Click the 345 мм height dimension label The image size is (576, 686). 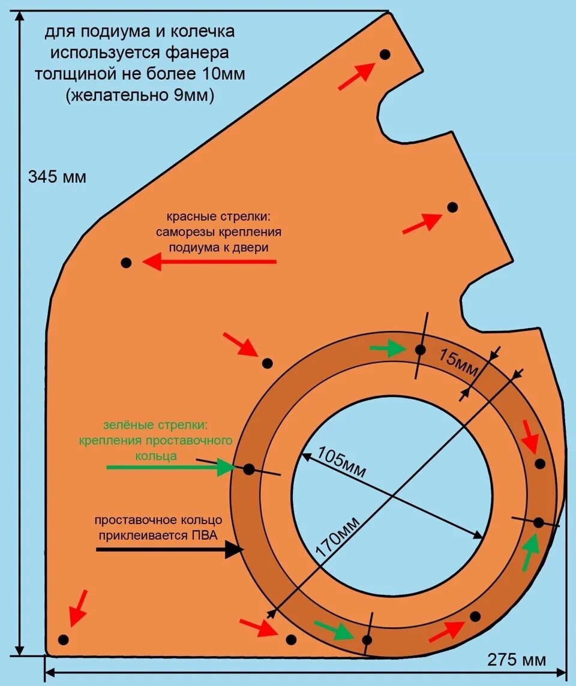point(57,177)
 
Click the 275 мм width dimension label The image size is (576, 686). point(517,660)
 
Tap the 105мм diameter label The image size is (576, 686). point(341,461)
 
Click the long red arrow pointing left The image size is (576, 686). point(209,261)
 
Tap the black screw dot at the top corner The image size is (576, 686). point(385,55)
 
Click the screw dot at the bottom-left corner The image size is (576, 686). point(64,639)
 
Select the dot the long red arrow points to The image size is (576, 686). point(126,262)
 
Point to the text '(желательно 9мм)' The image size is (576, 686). point(140,95)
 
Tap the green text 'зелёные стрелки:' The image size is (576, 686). point(155,425)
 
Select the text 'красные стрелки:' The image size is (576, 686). point(224,216)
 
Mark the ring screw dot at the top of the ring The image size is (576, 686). point(421,350)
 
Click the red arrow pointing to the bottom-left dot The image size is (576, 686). point(78,607)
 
